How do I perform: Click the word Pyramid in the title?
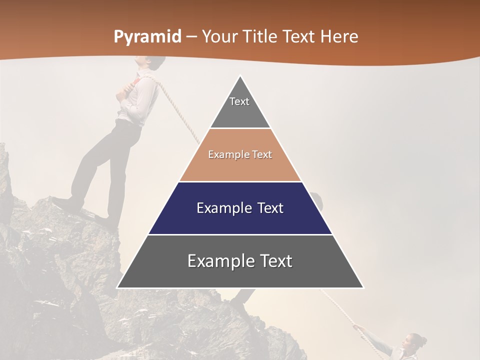pyautogui.click(x=147, y=37)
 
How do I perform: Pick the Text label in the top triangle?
pyautogui.click(x=239, y=101)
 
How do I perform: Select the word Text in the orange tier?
pyautogui.click(x=262, y=154)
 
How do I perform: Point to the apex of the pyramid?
pyautogui.click(x=240, y=76)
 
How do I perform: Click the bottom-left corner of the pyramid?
pyautogui.click(x=117, y=287)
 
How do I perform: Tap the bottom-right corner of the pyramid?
pyautogui.click(x=363, y=287)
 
